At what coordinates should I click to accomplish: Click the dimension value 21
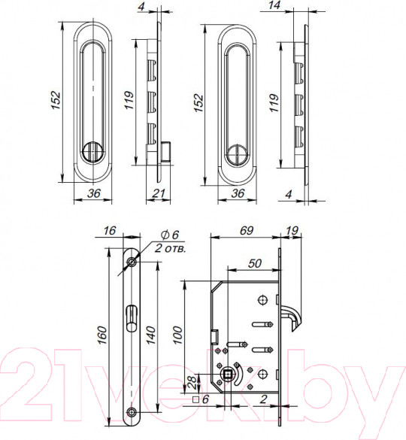tap(159, 193)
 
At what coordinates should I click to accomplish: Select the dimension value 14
tap(274, 5)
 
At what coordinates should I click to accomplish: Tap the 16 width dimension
tap(109, 231)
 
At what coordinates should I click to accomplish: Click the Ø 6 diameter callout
tap(170, 235)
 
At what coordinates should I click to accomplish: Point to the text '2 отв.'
tap(171, 248)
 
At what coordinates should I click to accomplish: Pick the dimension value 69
tap(247, 230)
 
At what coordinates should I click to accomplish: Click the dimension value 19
tap(292, 231)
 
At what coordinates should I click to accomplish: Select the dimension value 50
tap(255, 263)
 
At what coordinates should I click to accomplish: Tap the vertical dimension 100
tap(177, 335)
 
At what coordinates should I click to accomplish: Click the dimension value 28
tap(192, 383)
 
